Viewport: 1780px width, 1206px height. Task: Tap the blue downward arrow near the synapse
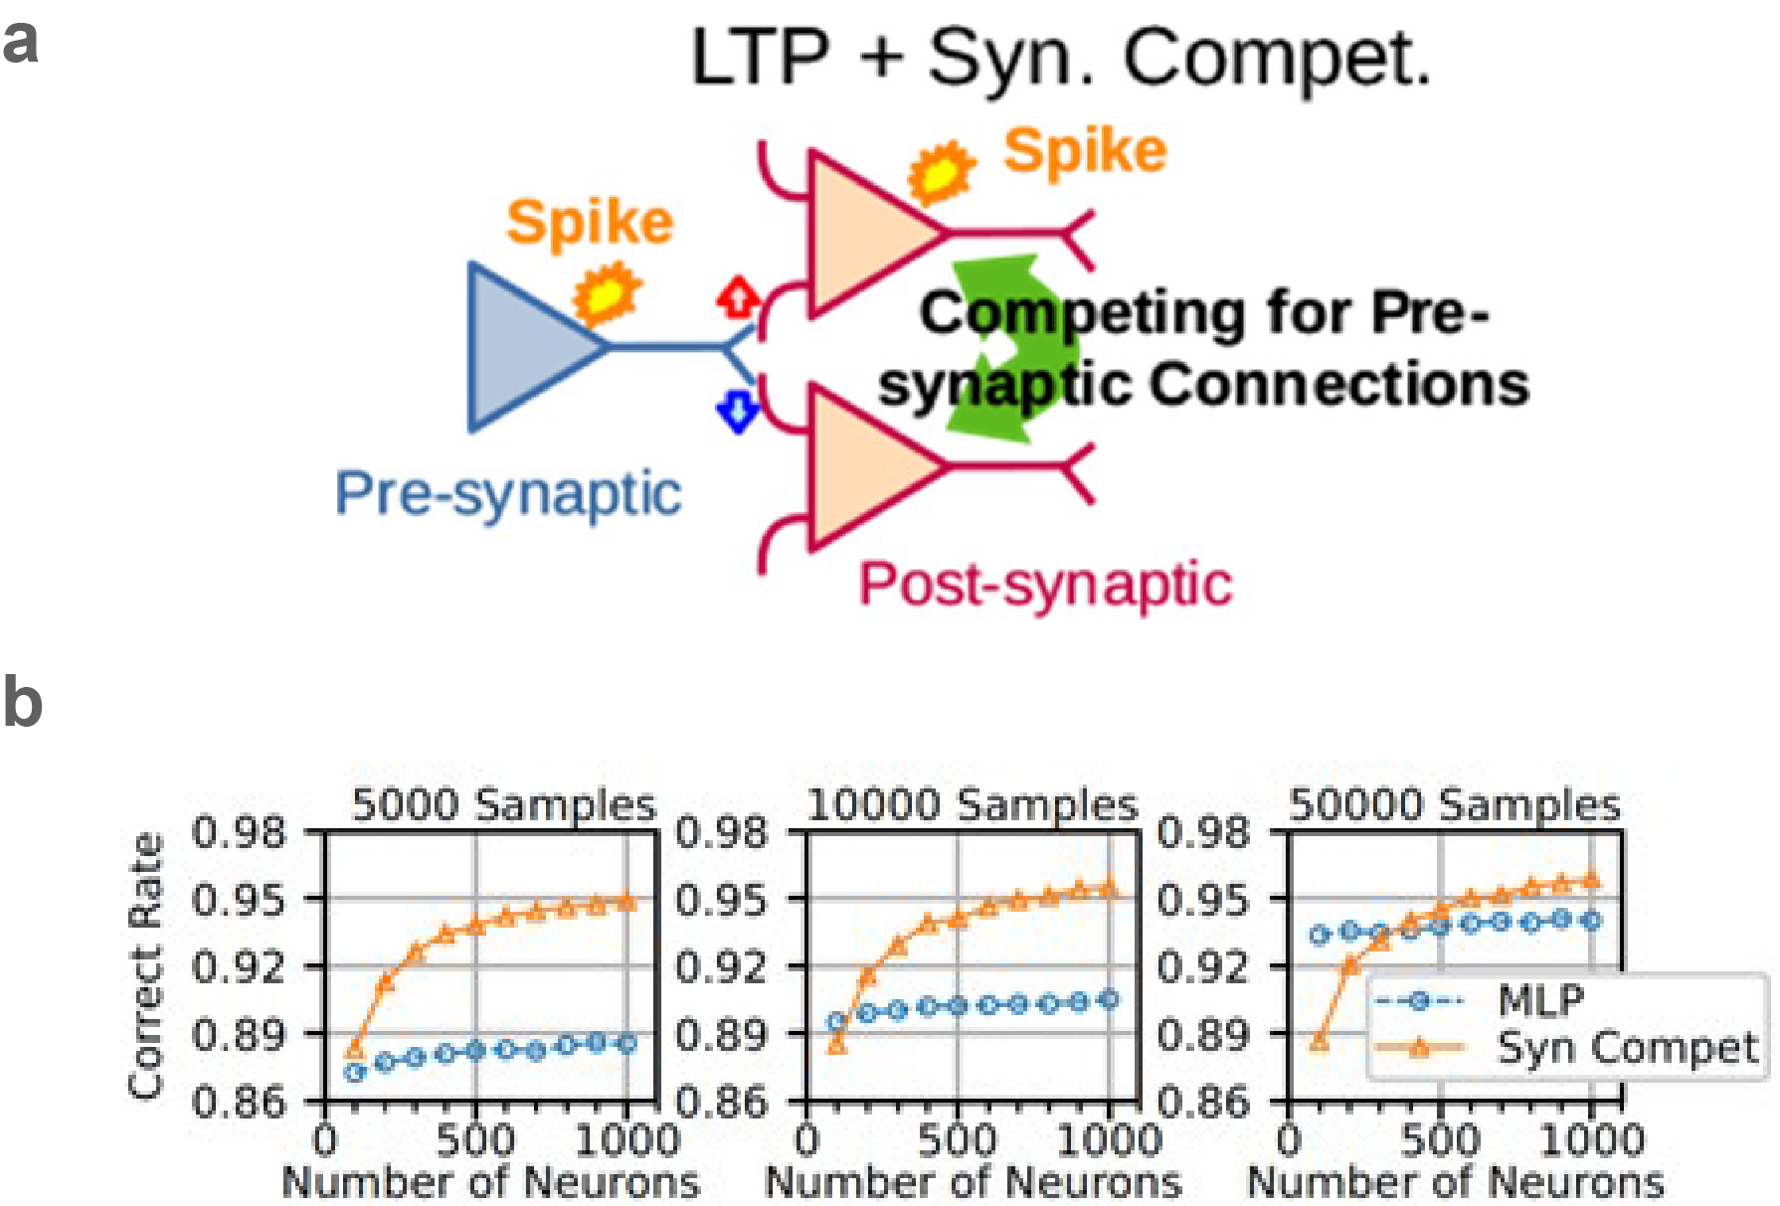pyautogui.click(x=738, y=410)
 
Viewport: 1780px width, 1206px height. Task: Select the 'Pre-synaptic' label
pyautogui.click(x=508, y=494)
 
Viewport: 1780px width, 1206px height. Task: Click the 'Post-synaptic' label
pyautogui.click(x=1045, y=584)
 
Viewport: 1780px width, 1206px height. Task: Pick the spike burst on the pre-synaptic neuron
pyautogui.click(x=607, y=293)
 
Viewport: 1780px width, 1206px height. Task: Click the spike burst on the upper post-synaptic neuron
pyautogui.click(x=941, y=172)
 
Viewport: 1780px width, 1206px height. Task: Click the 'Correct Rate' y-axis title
pyautogui.click(x=146, y=965)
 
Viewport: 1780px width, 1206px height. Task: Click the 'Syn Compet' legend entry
pyautogui.click(x=1627, y=1048)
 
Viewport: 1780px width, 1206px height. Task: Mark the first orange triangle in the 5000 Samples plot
pyautogui.click(x=354, y=1049)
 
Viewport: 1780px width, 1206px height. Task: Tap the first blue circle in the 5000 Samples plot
pyautogui.click(x=354, y=1072)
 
